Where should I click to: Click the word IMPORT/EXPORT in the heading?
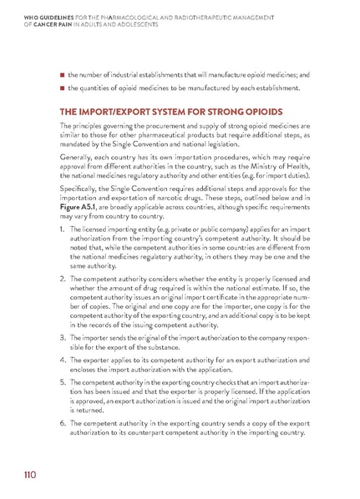click(111, 111)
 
